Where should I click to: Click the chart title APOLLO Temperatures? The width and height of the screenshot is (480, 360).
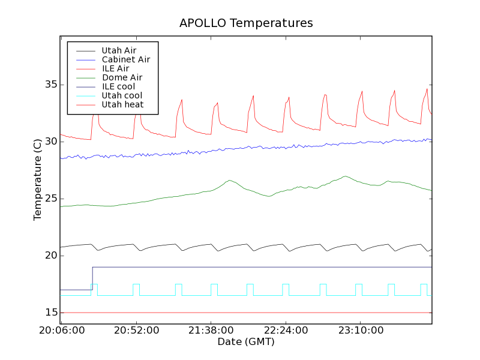[x=246, y=23]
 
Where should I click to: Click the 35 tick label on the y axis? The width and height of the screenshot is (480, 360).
[x=50, y=85]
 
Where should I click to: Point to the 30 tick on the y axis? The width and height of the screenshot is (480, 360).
[x=50, y=142]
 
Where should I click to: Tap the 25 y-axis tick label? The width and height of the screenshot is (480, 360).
[x=50, y=199]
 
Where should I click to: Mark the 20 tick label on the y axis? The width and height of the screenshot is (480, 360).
[x=50, y=256]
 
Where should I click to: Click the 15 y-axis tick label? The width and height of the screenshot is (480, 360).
[x=50, y=313]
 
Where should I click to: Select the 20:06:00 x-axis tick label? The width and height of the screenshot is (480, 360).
[x=62, y=331]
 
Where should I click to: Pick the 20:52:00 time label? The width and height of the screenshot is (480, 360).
[x=136, y=331]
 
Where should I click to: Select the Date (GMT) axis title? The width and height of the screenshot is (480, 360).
[x=245, y=342]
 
